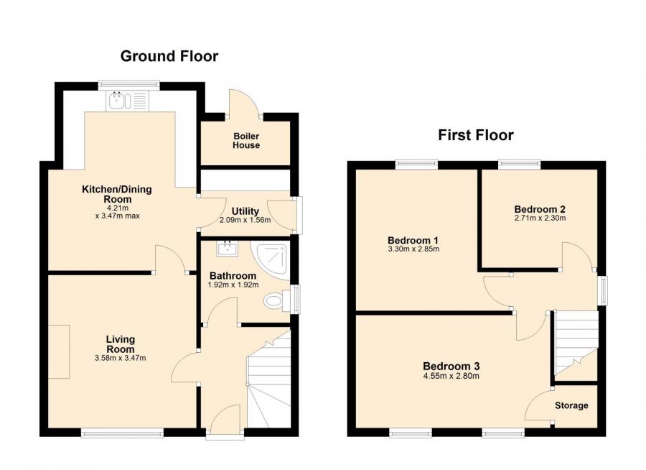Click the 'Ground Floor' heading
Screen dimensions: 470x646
tap(169, 56)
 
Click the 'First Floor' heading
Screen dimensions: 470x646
tap(476, 134)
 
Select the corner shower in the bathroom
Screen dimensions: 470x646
tap(273, 258)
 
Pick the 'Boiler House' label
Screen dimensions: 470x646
tap(246, 140)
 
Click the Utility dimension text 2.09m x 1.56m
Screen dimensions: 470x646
tap(245, 220)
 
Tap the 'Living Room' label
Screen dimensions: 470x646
tap(121, 344)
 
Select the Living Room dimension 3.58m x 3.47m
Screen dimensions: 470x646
tap(121, 358)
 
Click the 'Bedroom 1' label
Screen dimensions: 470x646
tap(413, 240)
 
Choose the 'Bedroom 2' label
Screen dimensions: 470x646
tap(540, 209)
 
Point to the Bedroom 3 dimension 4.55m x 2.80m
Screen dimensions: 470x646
tap(450, 375)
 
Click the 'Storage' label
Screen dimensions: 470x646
tap(571, 405)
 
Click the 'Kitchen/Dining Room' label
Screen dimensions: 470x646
tap(116, 194)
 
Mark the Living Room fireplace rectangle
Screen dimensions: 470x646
tap(60, 351)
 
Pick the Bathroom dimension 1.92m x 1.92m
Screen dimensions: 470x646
tap(233, 285)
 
